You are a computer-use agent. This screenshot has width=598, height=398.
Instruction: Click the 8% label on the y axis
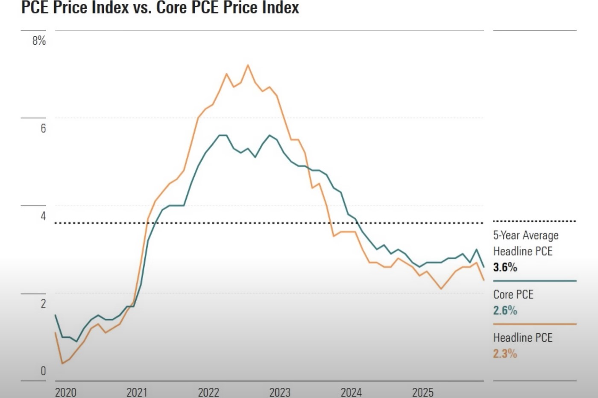point(39,41)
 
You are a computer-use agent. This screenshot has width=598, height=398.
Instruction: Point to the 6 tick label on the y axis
point(43,128)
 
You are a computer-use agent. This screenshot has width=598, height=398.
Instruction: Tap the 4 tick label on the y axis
point(43,216)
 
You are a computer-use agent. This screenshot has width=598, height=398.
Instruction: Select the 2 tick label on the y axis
point(43,304)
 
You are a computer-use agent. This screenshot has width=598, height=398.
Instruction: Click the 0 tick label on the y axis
point(43,371)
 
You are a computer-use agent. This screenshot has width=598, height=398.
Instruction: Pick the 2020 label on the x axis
point(65,392)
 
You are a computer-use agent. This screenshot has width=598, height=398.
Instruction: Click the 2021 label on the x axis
point(137,392)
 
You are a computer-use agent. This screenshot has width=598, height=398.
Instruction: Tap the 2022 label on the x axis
point(208,392)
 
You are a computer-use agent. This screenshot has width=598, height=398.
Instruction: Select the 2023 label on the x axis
point(280,392)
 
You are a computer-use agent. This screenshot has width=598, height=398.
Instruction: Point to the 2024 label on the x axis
point(351,392)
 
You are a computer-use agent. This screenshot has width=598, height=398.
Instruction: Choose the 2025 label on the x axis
point(422,392)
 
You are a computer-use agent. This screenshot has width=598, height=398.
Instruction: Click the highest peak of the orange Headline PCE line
point(248,65)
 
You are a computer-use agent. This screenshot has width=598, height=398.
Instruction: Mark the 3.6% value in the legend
point(505,267)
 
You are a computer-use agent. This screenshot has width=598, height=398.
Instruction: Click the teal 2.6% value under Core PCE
point(505,311)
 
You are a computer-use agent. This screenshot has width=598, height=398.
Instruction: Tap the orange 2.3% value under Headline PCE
point(505,354)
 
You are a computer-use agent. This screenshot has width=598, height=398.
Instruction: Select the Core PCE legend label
point(513,294)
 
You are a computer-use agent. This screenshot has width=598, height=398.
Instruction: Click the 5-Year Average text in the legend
point(526,235)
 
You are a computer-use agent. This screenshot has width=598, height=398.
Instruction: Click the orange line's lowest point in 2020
point(62,363)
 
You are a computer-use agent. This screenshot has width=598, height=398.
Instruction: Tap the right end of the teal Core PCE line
point(484,267)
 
